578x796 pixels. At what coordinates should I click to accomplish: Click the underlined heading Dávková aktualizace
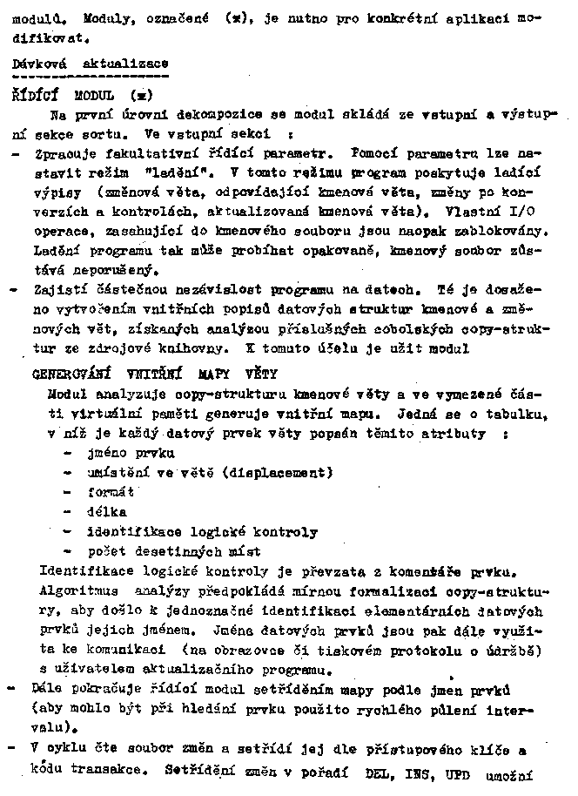tap(91, 64)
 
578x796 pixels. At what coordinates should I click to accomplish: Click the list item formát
tap(111, 492)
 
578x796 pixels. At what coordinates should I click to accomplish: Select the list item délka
tap(107, 511)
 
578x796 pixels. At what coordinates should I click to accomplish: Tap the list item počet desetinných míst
tap(173, 551)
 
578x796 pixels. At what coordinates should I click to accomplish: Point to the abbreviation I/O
tap(535, 211)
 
